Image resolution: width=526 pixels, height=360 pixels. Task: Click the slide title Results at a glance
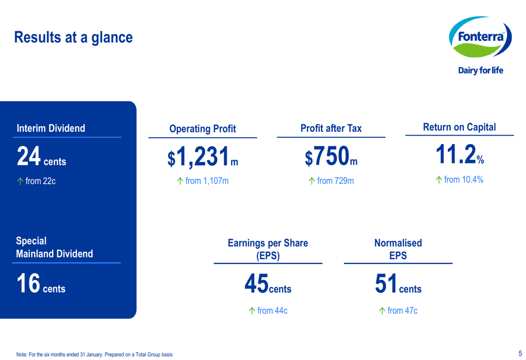73,38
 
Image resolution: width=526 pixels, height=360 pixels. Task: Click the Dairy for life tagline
480,70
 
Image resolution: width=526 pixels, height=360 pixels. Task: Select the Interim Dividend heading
51,128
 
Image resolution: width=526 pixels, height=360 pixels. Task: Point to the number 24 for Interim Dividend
28,156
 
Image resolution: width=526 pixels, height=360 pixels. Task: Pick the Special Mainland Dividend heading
54,247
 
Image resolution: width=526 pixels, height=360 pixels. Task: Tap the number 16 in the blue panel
28,283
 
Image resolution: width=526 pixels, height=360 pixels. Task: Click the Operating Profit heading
203,129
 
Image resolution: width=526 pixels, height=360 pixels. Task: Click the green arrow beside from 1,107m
180,181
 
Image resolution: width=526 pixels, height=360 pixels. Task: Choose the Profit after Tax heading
331,128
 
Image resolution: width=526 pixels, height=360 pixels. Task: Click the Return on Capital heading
459,127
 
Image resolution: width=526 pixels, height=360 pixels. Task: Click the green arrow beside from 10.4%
439,180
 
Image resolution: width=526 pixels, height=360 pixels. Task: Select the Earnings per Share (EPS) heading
268,249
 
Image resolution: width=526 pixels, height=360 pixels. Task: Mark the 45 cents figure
268,284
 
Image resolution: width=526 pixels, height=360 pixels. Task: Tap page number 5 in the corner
520,353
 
